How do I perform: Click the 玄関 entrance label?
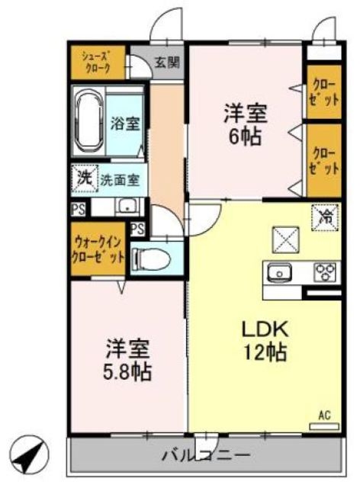point(168,63)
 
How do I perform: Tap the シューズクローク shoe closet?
point(98,62)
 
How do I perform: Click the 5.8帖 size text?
point(127,372)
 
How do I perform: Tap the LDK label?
point(263,329)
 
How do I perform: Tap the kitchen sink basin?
point(278,271)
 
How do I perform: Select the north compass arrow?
point(31,456)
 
